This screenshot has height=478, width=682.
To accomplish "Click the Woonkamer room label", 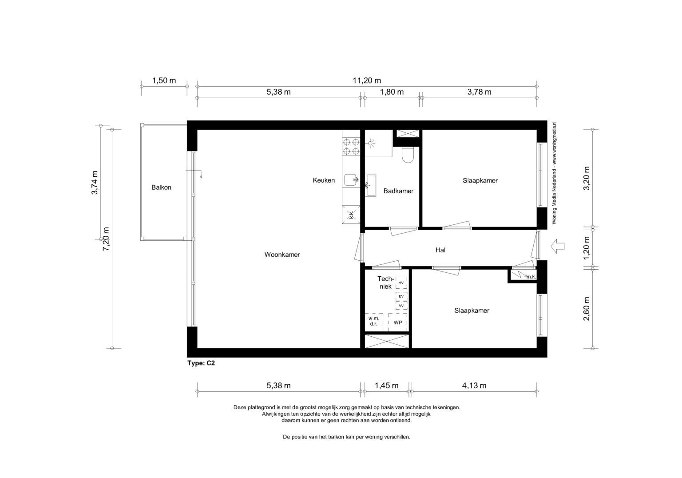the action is tap(282, 255).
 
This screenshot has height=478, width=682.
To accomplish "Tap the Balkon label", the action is tap(161, 187).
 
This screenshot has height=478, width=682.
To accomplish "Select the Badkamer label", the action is tap(398, 191).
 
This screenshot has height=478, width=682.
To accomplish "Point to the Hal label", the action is tap(440, 250).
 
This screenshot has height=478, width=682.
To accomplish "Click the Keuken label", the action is tap(324, 180).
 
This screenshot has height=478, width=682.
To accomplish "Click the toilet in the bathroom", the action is tap(407, 155).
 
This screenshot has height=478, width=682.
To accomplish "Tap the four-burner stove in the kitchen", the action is tap(351, 147).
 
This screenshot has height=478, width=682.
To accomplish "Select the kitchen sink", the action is tap(351, 180).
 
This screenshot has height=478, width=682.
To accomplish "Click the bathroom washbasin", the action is tap(371, 185).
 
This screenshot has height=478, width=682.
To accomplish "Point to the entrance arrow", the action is tap(558, 246).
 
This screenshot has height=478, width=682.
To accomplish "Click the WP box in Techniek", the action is tap(398, 323).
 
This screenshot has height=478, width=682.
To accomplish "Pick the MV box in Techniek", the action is tap(401, 283).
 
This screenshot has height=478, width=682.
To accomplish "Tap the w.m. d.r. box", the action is tap(374, 322).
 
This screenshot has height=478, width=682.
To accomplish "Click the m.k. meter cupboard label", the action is tap(531, 277).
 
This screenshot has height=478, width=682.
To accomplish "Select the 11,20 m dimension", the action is tap(367, 81).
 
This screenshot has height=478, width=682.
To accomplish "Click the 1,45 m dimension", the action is tap(386, 386).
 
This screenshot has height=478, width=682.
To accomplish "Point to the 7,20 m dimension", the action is tap(106, 239).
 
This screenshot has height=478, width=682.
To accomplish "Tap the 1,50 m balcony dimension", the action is tap(164, 81).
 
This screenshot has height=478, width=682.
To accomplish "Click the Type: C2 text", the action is tap(201, 363).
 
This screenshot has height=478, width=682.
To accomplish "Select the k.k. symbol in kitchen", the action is tap(351, 215).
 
